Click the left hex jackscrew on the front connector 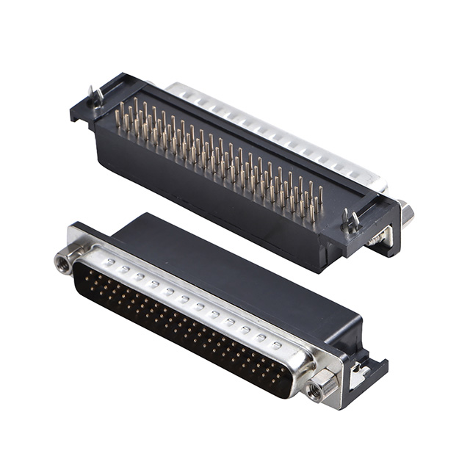[65, 259]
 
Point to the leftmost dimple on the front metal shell [109, 261]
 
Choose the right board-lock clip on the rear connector [351, 219]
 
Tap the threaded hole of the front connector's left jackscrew [64, 260]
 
